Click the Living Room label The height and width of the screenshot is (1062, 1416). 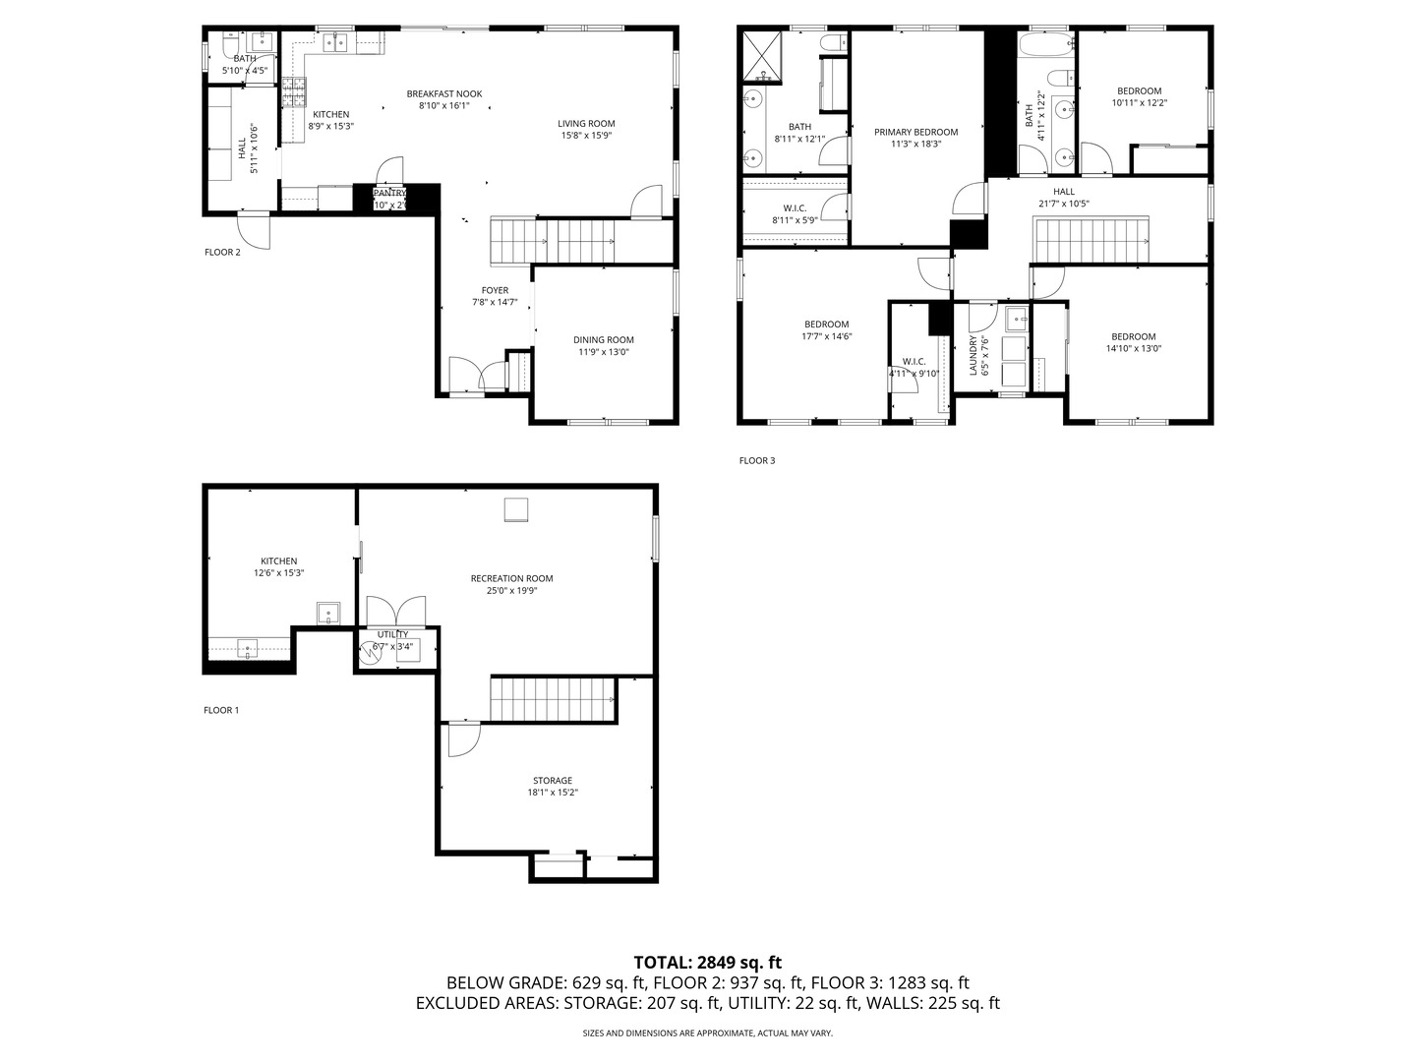(586, 124)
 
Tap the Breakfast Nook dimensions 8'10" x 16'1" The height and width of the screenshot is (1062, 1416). (444, 106)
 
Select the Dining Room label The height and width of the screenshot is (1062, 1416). (604, 340)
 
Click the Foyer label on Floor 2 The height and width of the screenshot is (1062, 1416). (495, 290)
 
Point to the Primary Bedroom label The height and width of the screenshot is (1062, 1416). (915, 132)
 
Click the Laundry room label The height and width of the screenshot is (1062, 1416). (973, 356)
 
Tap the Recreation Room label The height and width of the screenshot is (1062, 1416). (511, 578)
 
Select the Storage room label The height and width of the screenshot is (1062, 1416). (553, 781)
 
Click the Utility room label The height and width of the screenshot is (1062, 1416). (392, 634)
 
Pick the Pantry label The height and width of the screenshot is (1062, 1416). (389, 194)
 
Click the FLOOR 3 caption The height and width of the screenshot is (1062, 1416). (757, 460)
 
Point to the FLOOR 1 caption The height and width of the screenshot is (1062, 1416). (221, 710)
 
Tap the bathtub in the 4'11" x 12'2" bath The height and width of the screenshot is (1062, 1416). (1046, 45)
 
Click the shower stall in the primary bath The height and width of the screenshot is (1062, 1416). (761, 55)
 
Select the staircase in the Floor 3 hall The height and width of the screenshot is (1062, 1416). (1090, 240)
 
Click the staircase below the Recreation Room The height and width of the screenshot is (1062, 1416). (553, 699)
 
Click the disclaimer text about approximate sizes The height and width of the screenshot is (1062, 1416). (707, 1033)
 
